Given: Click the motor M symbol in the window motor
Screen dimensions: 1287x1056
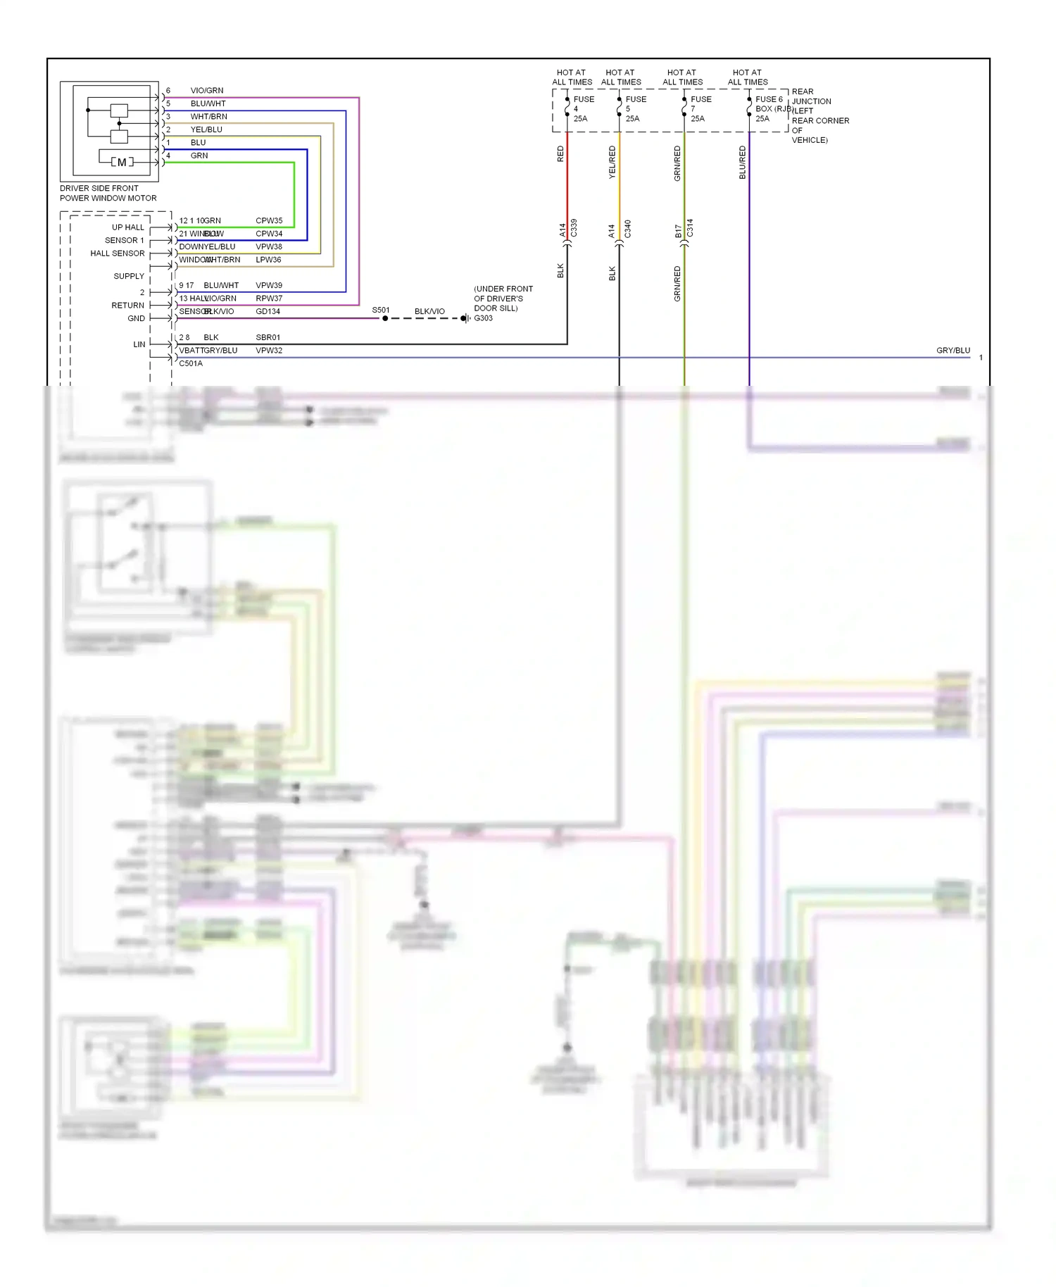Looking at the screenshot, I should tap(122, 163).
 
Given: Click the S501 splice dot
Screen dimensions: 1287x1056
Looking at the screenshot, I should tap(385, 318).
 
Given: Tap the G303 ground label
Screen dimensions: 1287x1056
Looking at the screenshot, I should tap(484, 318).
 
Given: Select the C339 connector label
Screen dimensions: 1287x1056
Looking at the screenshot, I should tap(574, 228).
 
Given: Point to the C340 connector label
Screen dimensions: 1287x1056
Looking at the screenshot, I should tap(627, 228).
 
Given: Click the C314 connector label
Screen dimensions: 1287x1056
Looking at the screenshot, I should tap(690, 228).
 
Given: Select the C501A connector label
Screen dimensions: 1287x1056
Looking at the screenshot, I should tap(191, 363).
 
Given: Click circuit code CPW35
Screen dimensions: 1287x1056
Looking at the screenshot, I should tap(269, 220).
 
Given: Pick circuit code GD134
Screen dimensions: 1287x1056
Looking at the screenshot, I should tap(268, 311).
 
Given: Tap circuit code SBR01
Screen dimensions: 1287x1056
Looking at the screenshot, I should tap(268, 337).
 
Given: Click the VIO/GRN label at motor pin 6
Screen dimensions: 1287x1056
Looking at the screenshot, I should tap(207, 90).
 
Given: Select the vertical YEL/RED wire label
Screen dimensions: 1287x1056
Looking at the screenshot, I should tap(612, 162).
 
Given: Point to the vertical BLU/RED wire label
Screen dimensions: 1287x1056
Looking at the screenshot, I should tap(742, 162).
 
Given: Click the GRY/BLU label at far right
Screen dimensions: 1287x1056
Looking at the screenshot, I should tap(953, 350).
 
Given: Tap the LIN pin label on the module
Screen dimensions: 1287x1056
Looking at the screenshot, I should tap(139, 344).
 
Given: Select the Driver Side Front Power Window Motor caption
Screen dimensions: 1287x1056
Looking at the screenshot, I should tap(108, 193).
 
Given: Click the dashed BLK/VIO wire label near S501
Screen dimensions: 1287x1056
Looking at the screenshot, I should tap(429, 311).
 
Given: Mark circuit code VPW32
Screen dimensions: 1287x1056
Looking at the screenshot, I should tap(268, 350).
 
